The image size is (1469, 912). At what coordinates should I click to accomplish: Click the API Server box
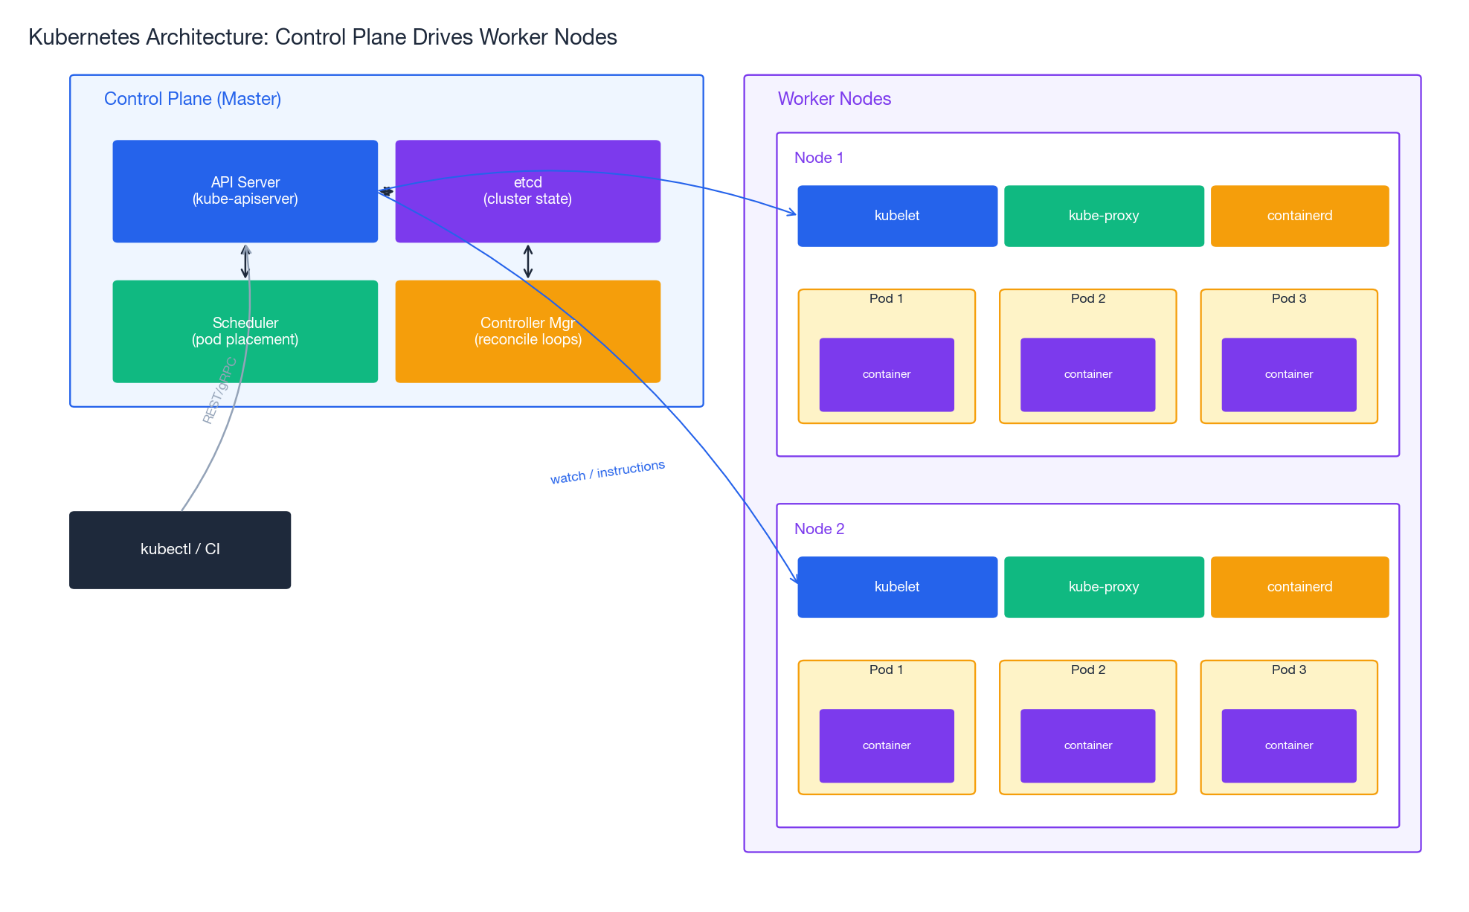245,191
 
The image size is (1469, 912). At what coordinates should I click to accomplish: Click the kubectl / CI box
179,550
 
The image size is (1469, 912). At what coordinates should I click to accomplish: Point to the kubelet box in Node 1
897,216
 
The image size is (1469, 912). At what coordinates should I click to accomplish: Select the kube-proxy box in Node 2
1104,587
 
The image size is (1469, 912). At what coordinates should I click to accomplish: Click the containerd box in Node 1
1299,216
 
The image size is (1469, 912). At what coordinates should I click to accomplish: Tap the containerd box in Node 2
1299,587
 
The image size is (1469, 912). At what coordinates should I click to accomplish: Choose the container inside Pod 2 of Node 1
1087,374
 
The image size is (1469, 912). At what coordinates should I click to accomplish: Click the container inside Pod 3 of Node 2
1288,745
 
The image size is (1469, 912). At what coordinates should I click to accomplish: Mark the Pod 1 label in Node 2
886,669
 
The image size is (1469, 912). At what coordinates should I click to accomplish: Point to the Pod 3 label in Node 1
1288,298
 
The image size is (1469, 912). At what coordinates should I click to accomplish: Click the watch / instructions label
607,472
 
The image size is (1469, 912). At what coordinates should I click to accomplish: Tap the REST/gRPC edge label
219,391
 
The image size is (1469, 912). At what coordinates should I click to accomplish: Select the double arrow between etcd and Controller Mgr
527,261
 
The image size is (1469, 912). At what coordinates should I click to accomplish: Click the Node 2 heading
819,529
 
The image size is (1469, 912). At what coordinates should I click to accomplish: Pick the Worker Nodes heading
834,99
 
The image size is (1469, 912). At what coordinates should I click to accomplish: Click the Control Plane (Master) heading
192,99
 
